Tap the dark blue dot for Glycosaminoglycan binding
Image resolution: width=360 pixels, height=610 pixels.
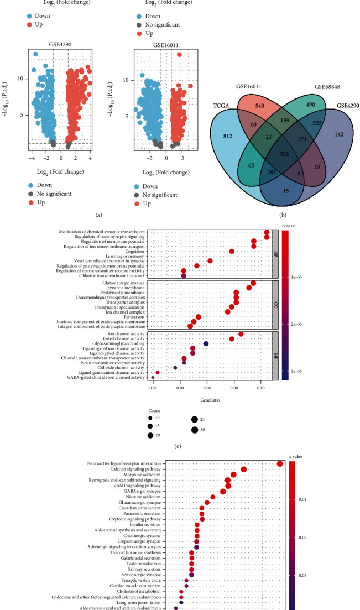(206, 343)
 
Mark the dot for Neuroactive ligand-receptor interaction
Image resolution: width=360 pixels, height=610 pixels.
(280, 464)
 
